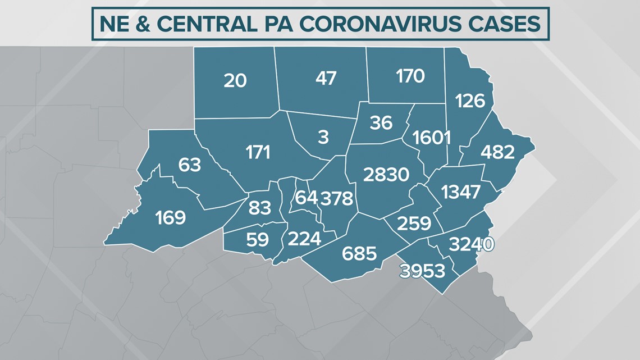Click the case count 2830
[x=386, y=175]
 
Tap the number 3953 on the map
[x=422, y=271]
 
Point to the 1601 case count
[x=431, y=137]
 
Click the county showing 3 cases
[x=323, y=137]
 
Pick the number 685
[x=359, y=253]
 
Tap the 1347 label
[x=461, y=192]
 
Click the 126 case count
[x=470, y=101]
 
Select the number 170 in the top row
[x=410, y=75]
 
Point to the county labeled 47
[x=326, y=78]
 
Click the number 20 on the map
[x=235, y=80]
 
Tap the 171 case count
[x=258, y=152]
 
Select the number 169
[x=170, y=217]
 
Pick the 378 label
[x=336, y=198]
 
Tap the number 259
[x=414, y=224]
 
